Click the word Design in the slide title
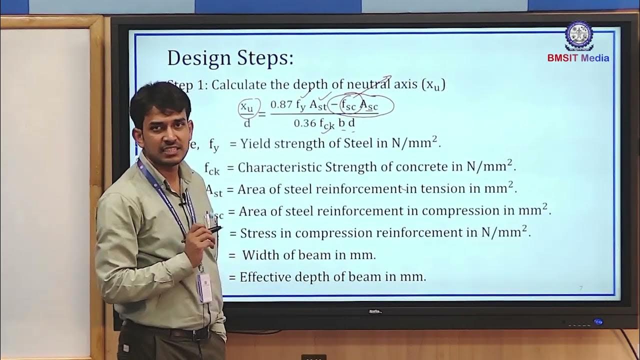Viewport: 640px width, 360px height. (x=198, y=58)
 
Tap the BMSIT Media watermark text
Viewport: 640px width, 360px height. (x=578, y=58)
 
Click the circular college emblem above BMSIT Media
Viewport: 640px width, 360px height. (x=578, y=35)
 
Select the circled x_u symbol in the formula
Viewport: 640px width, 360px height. (x=247, y=106)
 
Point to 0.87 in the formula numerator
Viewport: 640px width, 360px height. (x=281, y=104)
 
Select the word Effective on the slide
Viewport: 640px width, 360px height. (x=264, y=276)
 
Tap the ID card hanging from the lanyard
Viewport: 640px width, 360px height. (x=204, y=287)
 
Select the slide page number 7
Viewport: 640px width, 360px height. (x=580, y=288)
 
